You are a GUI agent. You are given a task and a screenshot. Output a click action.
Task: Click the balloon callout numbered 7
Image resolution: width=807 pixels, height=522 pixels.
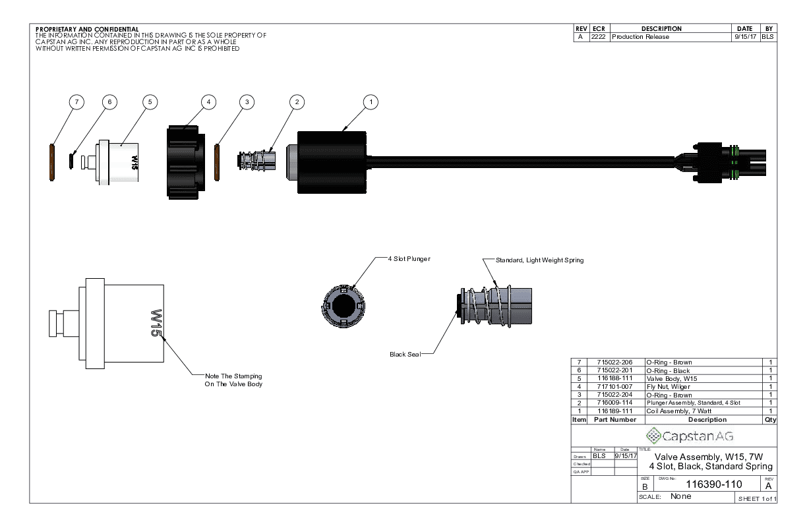tap(77, 102)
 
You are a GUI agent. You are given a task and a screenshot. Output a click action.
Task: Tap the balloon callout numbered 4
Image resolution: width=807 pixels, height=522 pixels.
tap(208, 102)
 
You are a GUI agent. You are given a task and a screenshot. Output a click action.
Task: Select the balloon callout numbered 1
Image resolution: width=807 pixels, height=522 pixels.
tap(371, 102)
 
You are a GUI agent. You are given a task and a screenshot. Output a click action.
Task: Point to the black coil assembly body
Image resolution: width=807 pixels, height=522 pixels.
tap(332, 162)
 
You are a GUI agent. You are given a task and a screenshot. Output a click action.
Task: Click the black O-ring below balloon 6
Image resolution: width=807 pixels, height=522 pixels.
tap(71, 160)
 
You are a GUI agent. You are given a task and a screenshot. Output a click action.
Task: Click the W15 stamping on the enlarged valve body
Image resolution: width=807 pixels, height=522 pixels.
tap(156, 323)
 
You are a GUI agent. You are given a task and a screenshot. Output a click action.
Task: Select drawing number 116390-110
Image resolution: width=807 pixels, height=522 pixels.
tap(705, 484)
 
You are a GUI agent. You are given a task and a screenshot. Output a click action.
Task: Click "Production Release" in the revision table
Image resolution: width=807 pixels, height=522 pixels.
tap(640, 37)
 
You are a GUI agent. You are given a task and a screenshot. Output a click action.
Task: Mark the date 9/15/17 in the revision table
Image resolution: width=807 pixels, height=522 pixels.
tap(745, 37)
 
